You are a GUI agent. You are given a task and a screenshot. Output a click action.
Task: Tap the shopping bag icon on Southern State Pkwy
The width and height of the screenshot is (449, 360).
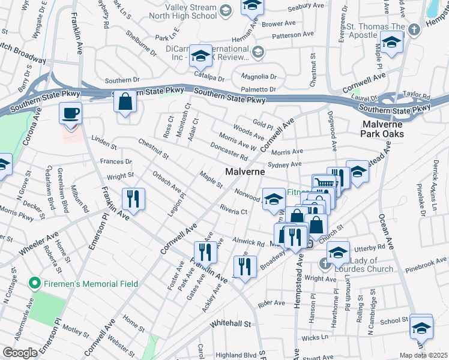(x=125, y=101)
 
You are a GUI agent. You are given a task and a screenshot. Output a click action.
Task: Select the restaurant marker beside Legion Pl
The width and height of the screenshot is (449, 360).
(x=133, y=197)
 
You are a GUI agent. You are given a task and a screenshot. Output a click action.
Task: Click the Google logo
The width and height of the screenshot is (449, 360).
(x=20, y=353)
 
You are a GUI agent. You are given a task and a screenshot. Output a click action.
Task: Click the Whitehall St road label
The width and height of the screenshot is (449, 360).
(x=231, y=323)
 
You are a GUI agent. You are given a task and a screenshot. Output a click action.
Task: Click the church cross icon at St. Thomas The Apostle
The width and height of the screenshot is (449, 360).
(x=414, y=29)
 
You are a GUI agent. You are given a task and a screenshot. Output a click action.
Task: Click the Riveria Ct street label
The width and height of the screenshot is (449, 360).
(x=234, y=211)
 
